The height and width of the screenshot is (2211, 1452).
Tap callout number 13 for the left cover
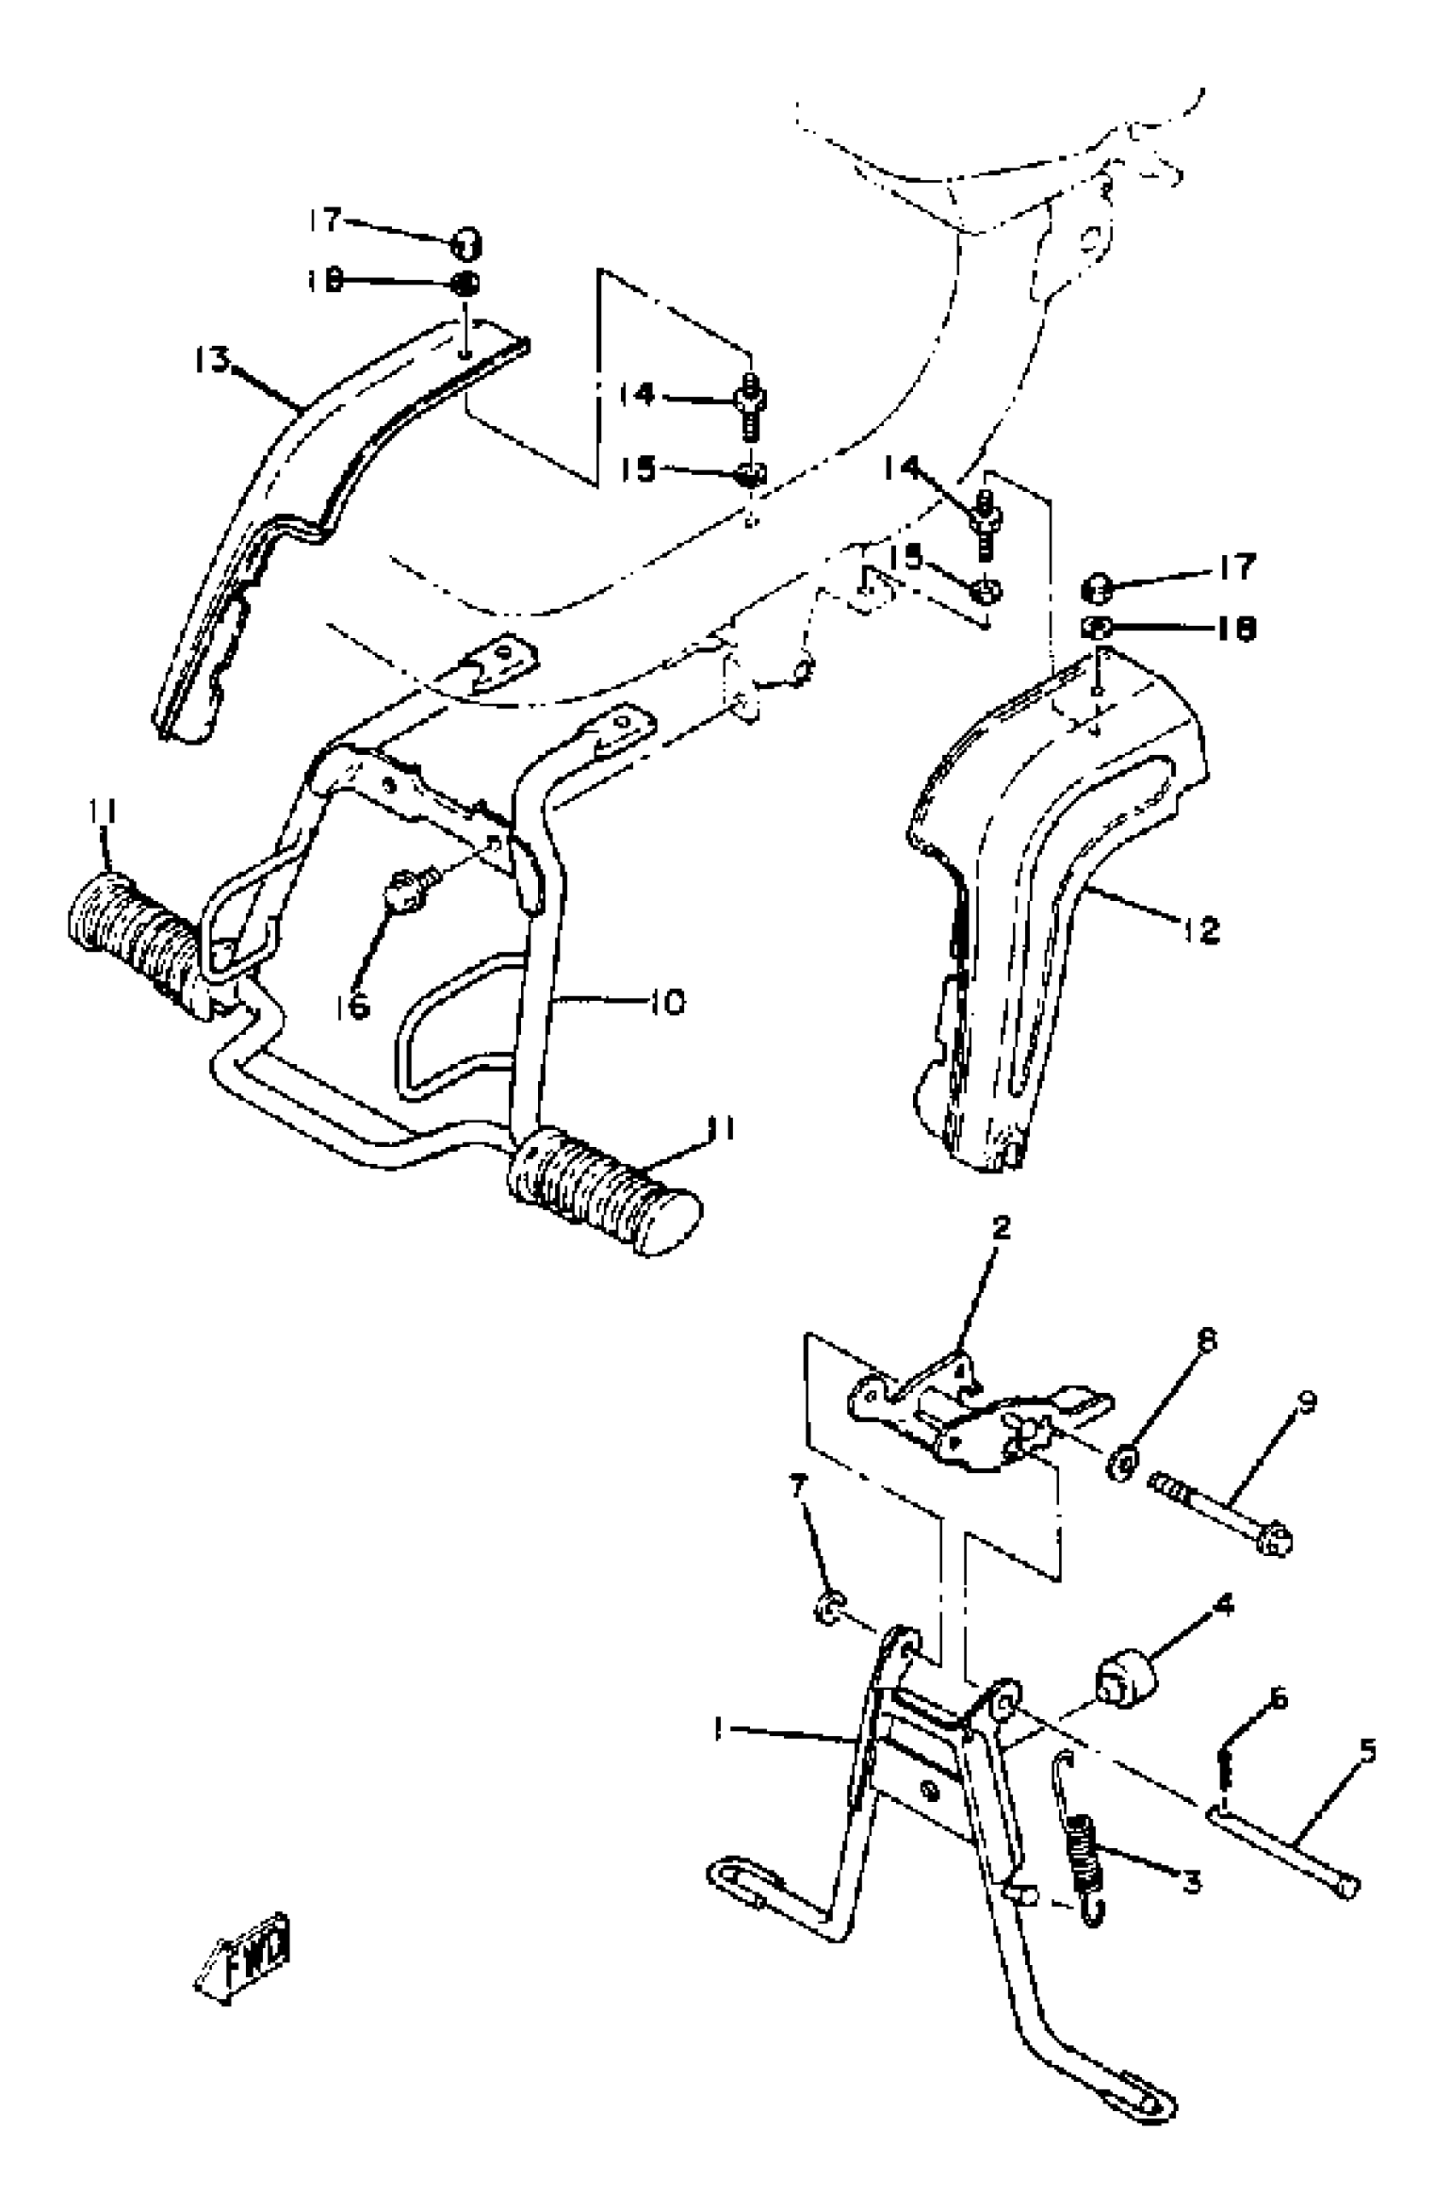212,360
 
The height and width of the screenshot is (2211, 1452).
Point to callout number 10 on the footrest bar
667,1002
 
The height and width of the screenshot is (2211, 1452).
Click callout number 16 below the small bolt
354,1005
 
